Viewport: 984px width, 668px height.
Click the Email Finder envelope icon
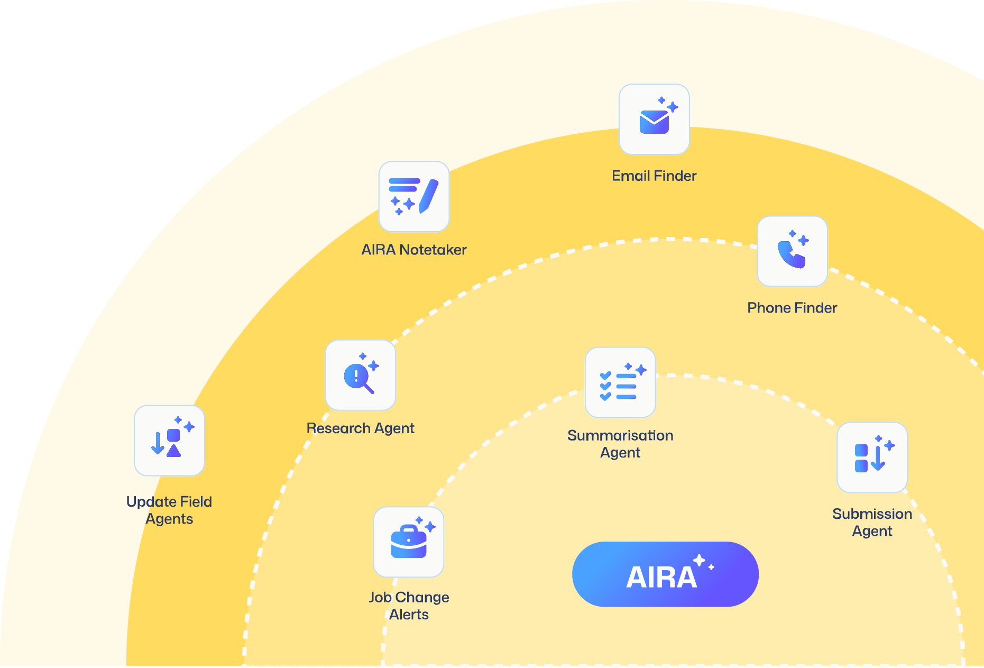click(654, 121)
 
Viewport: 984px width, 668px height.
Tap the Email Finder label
click(654, 176)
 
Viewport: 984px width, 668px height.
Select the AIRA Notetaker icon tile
click(414, 197)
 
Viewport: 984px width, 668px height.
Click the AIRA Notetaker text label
click(414, 250)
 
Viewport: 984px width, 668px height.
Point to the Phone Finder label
click(792, 308)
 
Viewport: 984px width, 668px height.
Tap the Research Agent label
click(360, 428)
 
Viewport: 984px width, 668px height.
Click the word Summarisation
click(620, 436)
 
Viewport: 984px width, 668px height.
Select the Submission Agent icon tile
click(872, 457)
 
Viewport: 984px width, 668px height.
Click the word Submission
click(872, 514)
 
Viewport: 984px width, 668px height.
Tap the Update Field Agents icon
click(169, 441)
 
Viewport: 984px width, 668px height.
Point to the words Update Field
click(169, 502)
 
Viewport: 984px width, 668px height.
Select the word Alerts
click(409, 615)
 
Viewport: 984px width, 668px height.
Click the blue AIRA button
click(665, 574)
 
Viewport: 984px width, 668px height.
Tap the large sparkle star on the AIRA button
click(700, 560)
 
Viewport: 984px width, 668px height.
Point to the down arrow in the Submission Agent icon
click(878, 459)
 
